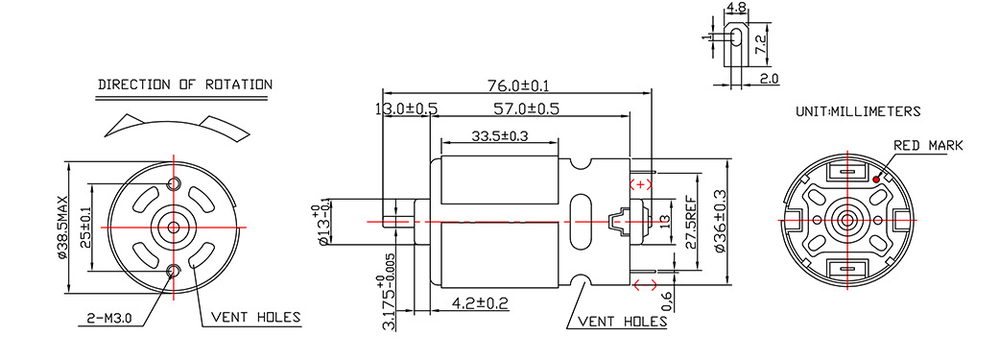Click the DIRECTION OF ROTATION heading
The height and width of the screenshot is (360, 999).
pyautogui.click(x=185, y=84)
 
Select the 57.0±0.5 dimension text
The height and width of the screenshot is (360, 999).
pyautogui.click(x=528, y=109)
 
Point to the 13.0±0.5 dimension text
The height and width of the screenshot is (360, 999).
pyautogui.click(x=407, y=109)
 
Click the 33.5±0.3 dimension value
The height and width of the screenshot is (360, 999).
pyautogui.click(x=500, y=136)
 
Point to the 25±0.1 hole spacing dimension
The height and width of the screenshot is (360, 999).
pyautogui.click(x=85, y=225)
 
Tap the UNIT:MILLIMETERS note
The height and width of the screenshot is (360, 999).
pyautogui.click(x=858, y=111)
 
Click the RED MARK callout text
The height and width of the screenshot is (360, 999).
pyautogui.click(x=927, y=146)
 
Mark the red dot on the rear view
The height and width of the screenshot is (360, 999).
pyautogui.click(x=878, y=179)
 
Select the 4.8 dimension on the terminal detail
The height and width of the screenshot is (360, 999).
pyautogui.click(x=737, y=8)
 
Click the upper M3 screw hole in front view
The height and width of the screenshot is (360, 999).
pyautogui.click(x=175, y=184)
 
